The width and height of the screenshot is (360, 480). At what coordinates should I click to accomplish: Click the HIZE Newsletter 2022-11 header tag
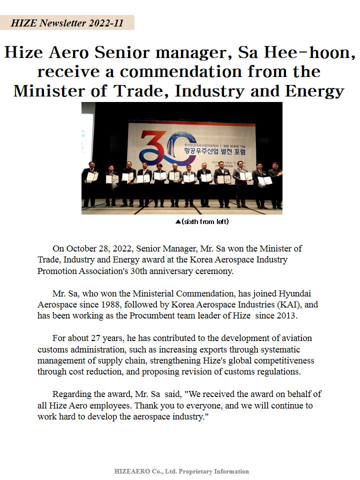click(x=67, y=23)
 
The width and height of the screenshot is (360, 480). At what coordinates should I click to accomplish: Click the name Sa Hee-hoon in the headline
click(x=297, y=52)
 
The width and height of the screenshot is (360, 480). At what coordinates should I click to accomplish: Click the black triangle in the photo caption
click(x=178, y=221)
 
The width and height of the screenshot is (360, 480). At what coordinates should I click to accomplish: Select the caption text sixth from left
click(x=205, y=221)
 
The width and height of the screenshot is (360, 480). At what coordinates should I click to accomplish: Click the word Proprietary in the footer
click(x=195, y=471)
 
